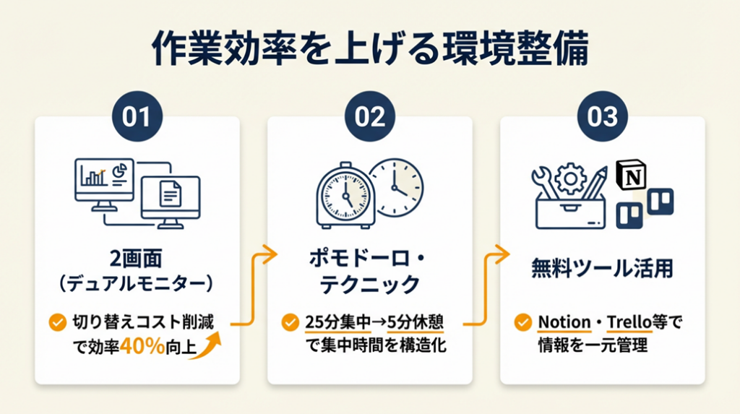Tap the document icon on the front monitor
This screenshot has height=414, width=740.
click(168, 193)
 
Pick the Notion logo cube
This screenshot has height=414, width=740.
click(631, 176)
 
